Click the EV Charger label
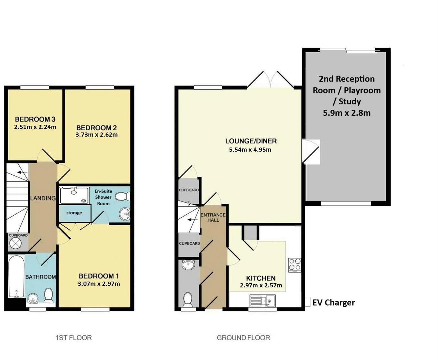[x=333, y=303]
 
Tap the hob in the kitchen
[x=295, y=265]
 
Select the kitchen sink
[x=262, y=301]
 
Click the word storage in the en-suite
[x=74, y=213]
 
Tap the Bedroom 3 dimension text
[x=35, y=127]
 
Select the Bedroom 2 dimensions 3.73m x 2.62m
[x=97, y=135]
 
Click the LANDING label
[x=43, y=198]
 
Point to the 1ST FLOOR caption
[x=73, y=338]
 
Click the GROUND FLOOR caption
[x=243, y=338]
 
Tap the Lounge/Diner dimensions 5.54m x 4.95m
[x=250, y=150]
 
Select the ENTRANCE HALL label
[x=213, y=217]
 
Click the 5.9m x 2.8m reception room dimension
[x=347, y=113]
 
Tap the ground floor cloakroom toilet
[x=188, y=299]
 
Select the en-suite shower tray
[x=74, y=195]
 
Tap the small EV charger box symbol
[x=308, y=302]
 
